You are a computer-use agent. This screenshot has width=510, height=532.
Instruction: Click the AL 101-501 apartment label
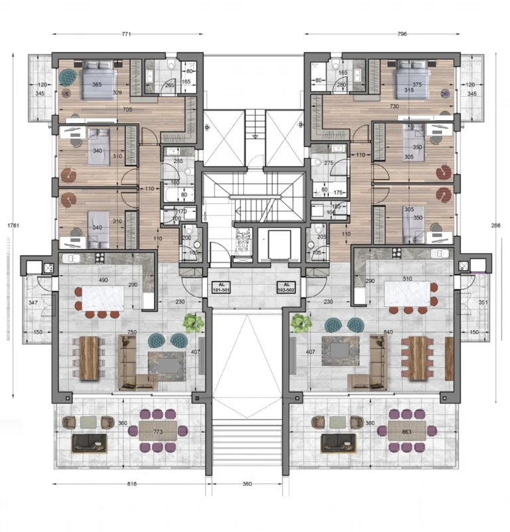coord(221,288)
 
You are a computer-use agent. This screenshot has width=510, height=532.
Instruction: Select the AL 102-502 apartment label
coord(287,288)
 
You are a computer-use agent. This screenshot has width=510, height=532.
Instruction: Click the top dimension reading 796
coord(400,33)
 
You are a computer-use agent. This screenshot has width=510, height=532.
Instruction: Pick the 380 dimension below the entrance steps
coord(247,484)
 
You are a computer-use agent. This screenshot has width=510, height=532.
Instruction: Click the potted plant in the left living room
coord(193,323)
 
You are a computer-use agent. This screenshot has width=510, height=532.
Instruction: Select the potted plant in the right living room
coord(301,323)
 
